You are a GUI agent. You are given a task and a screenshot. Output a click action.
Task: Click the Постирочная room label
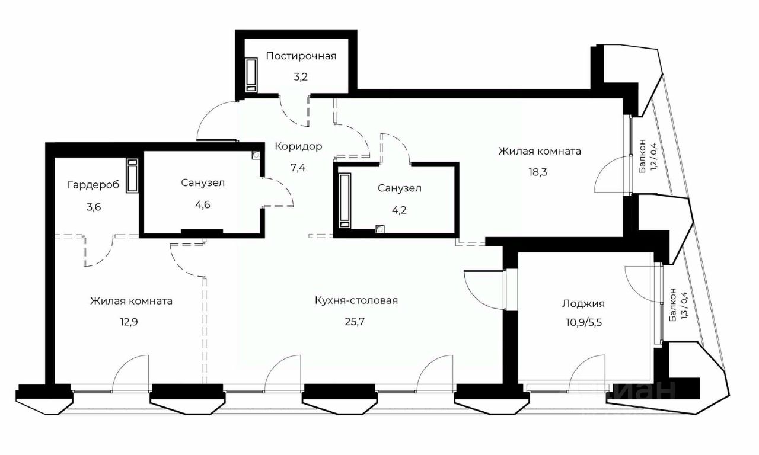[x=301, y=56]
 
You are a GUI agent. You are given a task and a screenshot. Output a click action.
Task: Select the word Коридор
[x=298, y=146]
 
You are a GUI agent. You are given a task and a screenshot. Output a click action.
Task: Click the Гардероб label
[x=93, y=185]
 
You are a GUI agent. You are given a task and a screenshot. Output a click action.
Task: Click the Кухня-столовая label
[x=356, y=300]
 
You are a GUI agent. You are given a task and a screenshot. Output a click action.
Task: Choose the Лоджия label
[x=583, y=304]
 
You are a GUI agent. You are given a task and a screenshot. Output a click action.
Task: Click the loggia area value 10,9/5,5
[x=583, y=323]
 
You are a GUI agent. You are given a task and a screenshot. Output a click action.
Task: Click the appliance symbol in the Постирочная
[x=251, y=75]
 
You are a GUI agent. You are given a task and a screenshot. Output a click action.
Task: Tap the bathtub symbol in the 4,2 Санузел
[x=345, y=199]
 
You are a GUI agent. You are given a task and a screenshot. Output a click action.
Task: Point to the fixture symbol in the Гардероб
[x=132, y=175]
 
